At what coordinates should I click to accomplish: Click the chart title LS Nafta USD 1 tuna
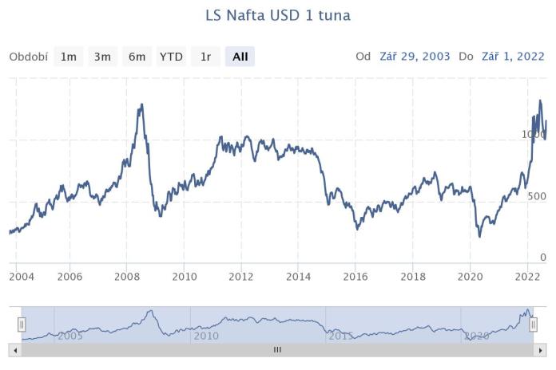click(278, 15)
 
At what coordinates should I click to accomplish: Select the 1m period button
click(69, 57)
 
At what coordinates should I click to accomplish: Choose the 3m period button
click(102, 57)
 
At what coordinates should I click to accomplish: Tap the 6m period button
click(137, 57)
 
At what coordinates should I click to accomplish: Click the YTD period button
click(171, 57)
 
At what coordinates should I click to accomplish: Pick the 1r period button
click(205, 57)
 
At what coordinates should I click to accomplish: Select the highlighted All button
click(240, 57)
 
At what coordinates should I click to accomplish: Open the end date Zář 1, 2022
click(513, 57)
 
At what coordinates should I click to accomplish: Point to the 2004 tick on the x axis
click(22, 277)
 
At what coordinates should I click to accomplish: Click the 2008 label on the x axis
click(127, 277)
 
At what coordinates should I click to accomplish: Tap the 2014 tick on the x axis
click(298, 277)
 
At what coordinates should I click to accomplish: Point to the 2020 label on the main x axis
click(470, 277)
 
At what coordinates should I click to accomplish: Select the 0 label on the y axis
click(542, 258)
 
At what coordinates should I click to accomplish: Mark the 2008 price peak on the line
click(141, 104)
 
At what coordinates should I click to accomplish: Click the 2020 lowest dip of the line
click(479, 236)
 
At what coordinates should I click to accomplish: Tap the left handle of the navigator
click(22, 324)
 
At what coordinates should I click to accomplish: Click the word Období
click(29, 57)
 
